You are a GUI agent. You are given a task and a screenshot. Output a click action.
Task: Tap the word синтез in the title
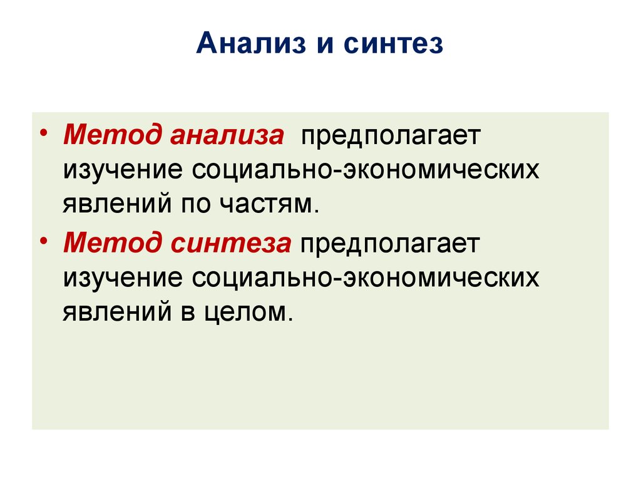pos(393,46)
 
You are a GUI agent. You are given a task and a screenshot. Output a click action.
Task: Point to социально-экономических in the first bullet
pos(366,170)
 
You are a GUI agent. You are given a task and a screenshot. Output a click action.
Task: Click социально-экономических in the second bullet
pos(366,277)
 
